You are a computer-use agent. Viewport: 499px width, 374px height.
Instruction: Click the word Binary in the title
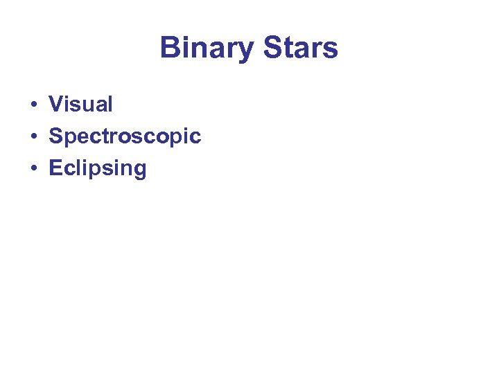(207, 48)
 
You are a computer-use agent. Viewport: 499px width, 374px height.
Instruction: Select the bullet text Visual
(80, 105)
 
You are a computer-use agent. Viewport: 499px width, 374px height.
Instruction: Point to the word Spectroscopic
(125, 136)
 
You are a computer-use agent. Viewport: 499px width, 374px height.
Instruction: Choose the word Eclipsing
(98, 168)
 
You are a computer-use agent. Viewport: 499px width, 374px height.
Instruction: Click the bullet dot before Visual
(33, 105)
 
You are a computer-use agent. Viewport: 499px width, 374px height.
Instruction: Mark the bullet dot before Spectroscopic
(33, 137)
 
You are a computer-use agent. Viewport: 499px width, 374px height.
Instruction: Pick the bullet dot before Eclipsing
(33, 169)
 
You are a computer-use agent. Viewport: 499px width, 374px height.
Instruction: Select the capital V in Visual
(55, 105)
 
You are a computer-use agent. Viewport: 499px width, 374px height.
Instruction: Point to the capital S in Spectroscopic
(55, 136)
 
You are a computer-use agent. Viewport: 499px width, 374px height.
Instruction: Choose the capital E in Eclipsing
(55, 168)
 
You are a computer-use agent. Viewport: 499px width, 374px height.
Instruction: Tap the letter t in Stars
(290, 48)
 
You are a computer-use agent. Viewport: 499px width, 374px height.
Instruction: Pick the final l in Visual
(110, 105)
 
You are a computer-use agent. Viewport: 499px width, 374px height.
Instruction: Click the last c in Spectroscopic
(195, 138)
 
